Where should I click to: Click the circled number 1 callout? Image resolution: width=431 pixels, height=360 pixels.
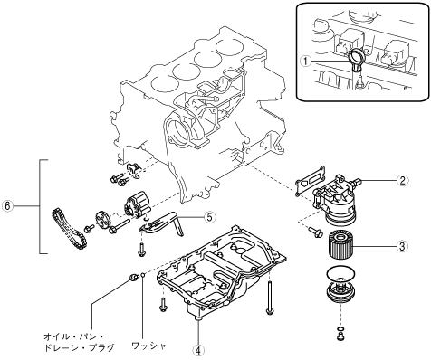pyautogui.click(x=306, y=62)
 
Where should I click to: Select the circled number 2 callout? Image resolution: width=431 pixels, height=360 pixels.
pyautogui.click(x=402, y=180)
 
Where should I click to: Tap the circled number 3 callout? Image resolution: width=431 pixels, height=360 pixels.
pyautogui.click(x=402, y=246)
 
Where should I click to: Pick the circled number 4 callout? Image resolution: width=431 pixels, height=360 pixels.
pyautogui.click(x=198, y=350)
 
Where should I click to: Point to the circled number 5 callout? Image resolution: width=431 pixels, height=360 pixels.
pyautogui.click(x=210, y=216)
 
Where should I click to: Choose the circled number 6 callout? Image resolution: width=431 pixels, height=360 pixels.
pyautogui.click(x=7, y=206)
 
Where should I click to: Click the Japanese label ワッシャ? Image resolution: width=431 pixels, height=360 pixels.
pyautogui.click(x=148, y=345)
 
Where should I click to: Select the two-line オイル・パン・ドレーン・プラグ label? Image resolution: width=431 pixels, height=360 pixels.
pyautogui.click(x=79, y=342)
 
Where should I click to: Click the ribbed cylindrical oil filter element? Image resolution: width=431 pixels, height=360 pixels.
pyautogui.click(x=340, y=244)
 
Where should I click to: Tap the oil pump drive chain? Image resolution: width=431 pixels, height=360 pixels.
pyautogui.click(x=69, y=229)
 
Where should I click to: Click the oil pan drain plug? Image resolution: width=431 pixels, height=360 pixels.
pyautogui.click(x=132, y=277)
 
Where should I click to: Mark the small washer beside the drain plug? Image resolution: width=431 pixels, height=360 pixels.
pyautogui.click(x=144, y=275)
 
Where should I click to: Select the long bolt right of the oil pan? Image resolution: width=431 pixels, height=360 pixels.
pyautogui.click(x=269, y=298)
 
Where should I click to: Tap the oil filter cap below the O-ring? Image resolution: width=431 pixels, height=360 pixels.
pyautogui.click(x=341, y=292)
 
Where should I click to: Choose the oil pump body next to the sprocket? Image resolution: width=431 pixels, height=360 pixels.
pyautogui.click(x=137, y=206)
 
